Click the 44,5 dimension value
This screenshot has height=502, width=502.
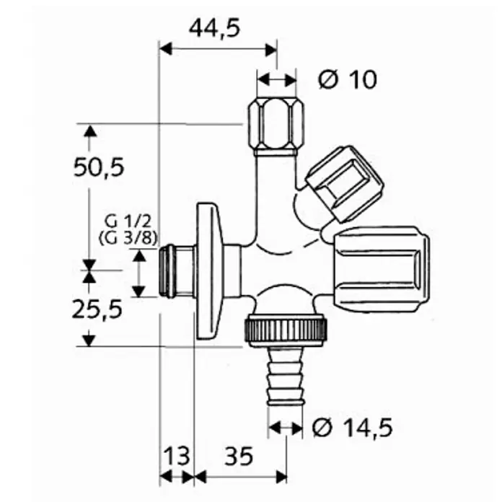(214, 28)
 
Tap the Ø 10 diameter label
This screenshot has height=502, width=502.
(348, 79)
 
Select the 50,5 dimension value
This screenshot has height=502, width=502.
(99, 167)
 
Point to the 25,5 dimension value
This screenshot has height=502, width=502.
(97, 309)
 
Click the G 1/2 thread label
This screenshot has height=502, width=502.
(128, 221)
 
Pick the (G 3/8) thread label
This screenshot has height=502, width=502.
(128, 239)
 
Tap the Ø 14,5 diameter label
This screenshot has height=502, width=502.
(352, 428)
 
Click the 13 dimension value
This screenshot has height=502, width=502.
(177, 457)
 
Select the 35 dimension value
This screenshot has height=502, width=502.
(239, 457)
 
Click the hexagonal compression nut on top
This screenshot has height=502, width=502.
(276, 126)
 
